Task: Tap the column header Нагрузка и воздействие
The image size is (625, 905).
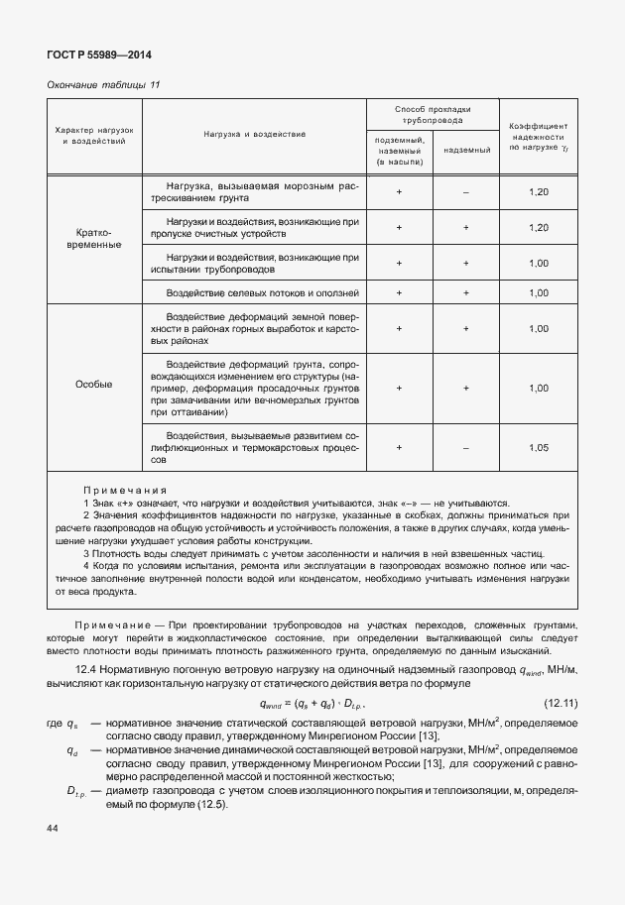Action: (255, 133)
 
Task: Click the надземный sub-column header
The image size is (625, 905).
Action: (465, 150)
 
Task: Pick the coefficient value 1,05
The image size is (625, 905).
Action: (539, 447)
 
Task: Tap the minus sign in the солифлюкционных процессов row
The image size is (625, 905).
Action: (465, 447)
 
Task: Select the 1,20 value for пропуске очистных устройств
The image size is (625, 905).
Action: (539, 228)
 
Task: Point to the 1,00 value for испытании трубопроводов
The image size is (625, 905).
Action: (539, 264)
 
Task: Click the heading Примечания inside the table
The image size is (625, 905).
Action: (125, 491)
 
